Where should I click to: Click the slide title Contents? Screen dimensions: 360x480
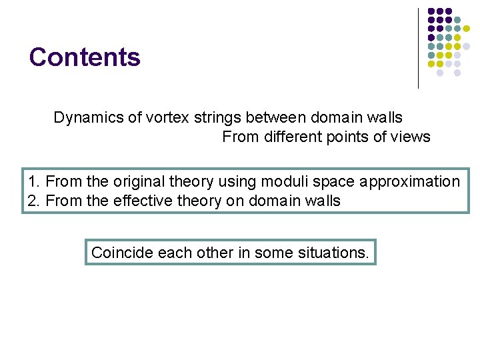[85, 57]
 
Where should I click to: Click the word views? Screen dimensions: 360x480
[411, 137]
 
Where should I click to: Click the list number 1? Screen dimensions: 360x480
[33, 181]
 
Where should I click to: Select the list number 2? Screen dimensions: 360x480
[33, 201]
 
